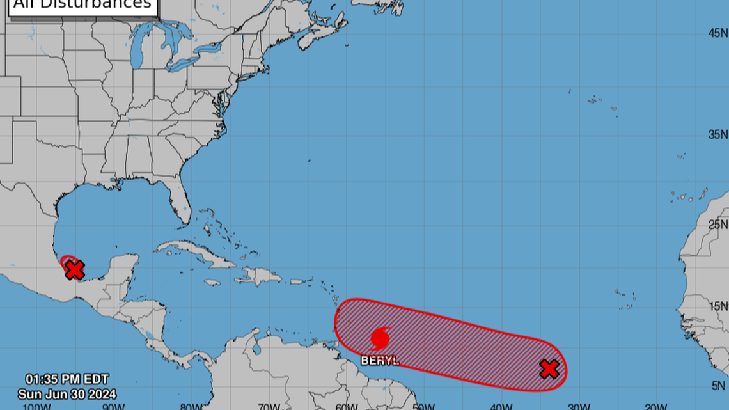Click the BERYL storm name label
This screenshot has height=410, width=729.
380,360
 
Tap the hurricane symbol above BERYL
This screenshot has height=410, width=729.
380,338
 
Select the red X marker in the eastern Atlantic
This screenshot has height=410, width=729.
549,368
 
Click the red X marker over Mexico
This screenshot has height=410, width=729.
74,270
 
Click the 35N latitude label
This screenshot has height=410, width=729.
717,134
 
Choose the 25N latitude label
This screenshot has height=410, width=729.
717,225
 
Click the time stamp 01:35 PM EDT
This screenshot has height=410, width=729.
58,379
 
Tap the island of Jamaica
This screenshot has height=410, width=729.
213,281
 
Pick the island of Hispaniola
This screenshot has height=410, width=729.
259,276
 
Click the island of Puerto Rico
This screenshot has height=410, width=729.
297,281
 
